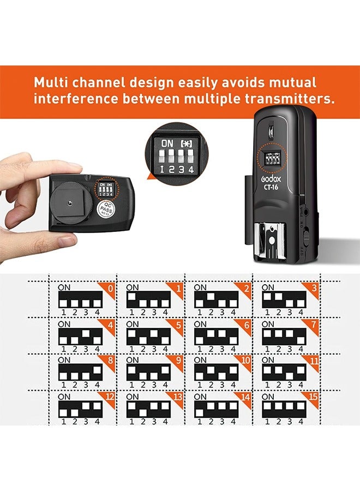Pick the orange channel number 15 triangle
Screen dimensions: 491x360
(x=314, y=397)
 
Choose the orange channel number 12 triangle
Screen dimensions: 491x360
(x=110, y=397)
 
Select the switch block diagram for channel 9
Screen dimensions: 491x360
(x=148, y=372)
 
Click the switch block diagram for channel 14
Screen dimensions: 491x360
(x=215, y=408)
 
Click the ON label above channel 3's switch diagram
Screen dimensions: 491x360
(x=268, y=288)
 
